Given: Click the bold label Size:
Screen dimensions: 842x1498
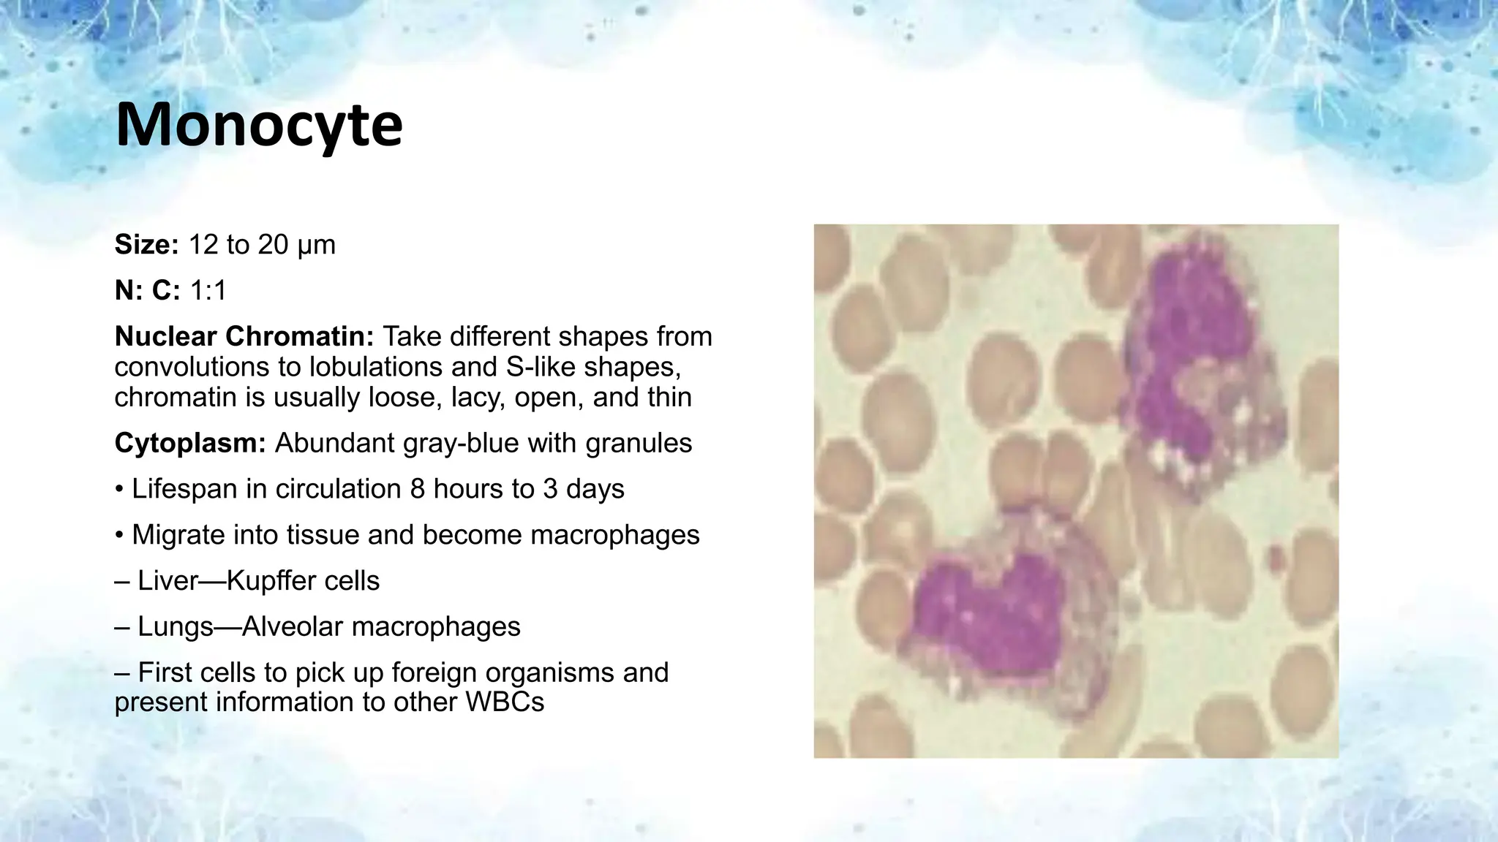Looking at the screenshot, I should tap(146, 245).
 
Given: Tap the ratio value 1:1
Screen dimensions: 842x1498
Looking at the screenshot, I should tap(208, 291).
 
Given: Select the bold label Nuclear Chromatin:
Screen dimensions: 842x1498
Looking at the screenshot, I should tap(244, 337).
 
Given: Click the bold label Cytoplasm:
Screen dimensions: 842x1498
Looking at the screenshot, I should tap(190, 443).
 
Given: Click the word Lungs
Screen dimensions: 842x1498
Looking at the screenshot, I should tap(175, 627).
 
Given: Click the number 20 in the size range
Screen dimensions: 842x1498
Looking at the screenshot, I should tap(273, 245).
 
